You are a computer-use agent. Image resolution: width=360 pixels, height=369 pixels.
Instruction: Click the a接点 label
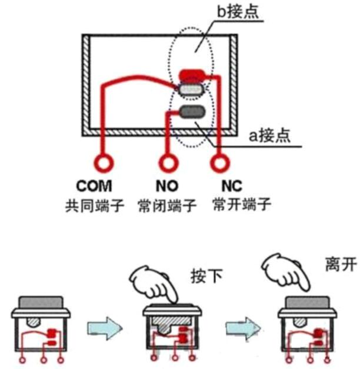tap(269, 137)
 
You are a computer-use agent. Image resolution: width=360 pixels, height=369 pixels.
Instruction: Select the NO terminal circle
tap(167, 161)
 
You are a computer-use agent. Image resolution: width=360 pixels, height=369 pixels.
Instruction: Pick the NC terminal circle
tap(219, 161)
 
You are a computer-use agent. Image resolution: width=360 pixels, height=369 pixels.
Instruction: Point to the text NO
tap(167, 187)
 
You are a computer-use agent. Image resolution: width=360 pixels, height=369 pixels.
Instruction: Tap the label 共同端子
tap(95, 207)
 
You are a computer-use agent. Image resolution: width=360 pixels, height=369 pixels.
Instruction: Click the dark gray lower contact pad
tap(192, 111)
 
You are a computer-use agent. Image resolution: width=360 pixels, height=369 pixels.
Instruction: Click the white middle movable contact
tap(192, 89)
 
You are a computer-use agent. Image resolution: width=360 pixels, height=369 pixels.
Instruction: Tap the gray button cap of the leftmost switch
tap(40, 302)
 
